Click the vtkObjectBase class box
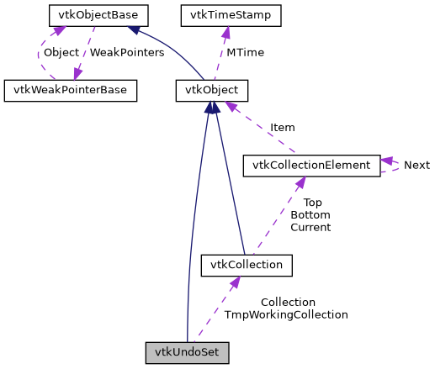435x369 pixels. pyautogui.click(x=87, y=15)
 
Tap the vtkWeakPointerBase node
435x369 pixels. pyautogui.click(x=71, y=90)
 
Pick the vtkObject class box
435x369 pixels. pyautogui.click(x=211, y=90)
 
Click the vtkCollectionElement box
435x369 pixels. pyautogui.click(x=310, y=165)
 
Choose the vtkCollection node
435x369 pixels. pyautogui.click(x=247, y=266)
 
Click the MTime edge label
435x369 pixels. pyautogui.click(x=246, y=52)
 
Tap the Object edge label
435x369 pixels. pyautogui.click(x=61, y=52)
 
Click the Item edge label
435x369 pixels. pyautogui.click(x=282, y=128)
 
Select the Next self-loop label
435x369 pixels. pyautogui.click(x=416, y=165)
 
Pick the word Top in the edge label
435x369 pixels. pyautogui.click(x=312, y=203)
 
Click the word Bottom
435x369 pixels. pyautogui.click(x=310, y=215)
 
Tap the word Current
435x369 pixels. pyautogui.click(x=310, y=227)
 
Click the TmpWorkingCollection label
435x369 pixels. pyautogui.click(x=286, y=314)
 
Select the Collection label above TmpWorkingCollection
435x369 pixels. pyautogui.click(x=288, y=302)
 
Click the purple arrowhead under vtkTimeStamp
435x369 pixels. pyautogui.click(x=225, y=31)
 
